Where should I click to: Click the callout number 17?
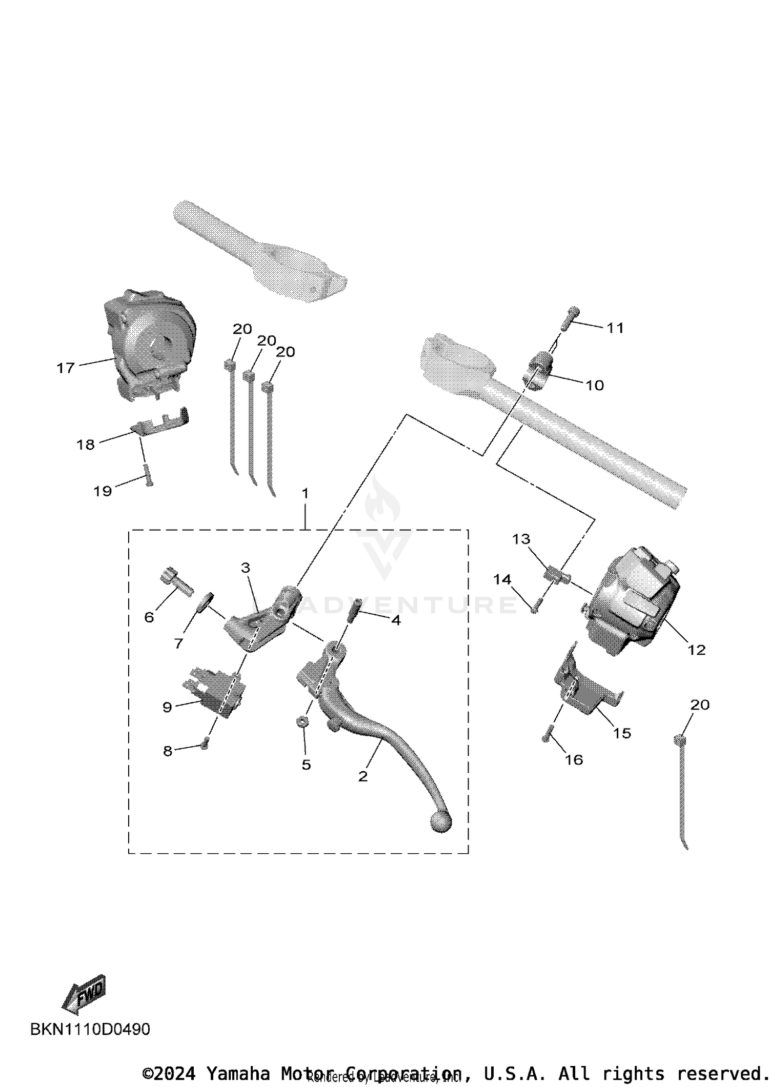(66, 368)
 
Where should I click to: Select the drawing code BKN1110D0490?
(90, 1029)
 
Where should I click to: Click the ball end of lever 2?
(440, 822)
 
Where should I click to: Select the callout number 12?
(696, 650)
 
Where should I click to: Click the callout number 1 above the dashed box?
(305, 494)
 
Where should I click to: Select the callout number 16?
(574, 759)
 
